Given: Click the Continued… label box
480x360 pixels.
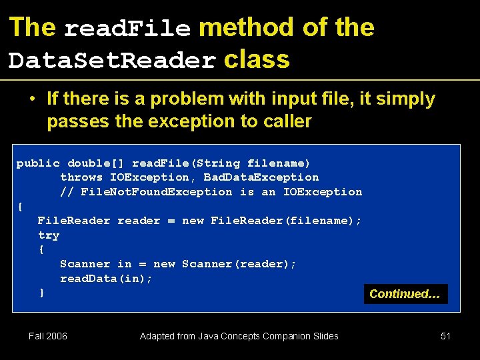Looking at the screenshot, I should click(405, 294).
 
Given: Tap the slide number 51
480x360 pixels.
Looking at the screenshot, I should click(446, 336).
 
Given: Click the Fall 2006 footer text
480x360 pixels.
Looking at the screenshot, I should click(48, 336).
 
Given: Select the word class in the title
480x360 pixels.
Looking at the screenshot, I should click(257, 59).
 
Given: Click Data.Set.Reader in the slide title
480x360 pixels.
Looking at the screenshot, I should click(112, 61).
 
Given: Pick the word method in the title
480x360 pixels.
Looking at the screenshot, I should click(246, 27).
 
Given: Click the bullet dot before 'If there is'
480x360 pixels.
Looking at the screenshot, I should click(32, 99).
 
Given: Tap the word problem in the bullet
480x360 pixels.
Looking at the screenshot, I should click(187, 99).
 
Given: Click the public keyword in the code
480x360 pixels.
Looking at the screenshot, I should click(38, 163).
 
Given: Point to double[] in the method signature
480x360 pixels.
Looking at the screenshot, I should click(96, 163).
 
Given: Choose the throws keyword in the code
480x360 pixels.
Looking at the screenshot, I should click(81, 177).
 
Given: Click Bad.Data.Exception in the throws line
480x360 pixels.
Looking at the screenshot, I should click(261, 177).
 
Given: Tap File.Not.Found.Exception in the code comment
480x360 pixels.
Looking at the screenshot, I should click(157, 192).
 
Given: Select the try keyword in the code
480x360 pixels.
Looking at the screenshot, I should click(49, 235).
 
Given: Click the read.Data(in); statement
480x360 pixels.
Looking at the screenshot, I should click(106, 279).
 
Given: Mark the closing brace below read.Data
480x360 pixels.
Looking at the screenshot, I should click(41, 293).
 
